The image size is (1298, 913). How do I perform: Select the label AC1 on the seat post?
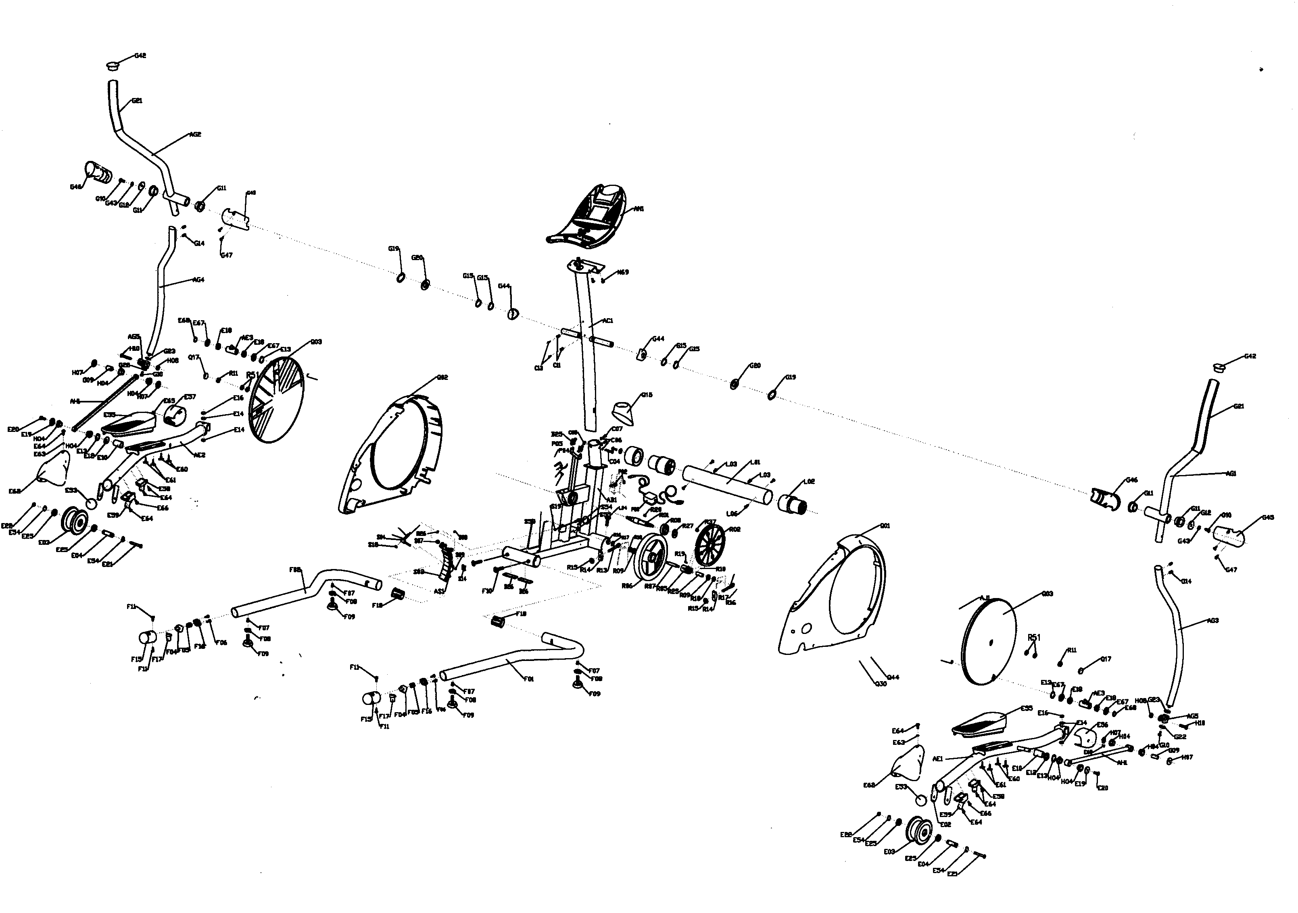click(x=608, y=321)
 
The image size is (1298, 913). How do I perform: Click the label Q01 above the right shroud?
click(x=885, y=526)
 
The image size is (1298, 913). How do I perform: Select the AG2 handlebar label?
click(x=195, y=135)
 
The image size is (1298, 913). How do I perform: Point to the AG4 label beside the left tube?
click(x=198, y=279)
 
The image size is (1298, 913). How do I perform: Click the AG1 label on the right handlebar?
click(x=1231, y=474)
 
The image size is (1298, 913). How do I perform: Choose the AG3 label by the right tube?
click(x=1212, y=621)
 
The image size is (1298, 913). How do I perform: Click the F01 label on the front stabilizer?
click(x=528, y=679)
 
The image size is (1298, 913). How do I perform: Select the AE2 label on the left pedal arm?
click(x=200, y=454)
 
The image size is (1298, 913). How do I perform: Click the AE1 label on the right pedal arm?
click(x=937, y=759)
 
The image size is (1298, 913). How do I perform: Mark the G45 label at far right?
click(x=1268, y=517)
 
